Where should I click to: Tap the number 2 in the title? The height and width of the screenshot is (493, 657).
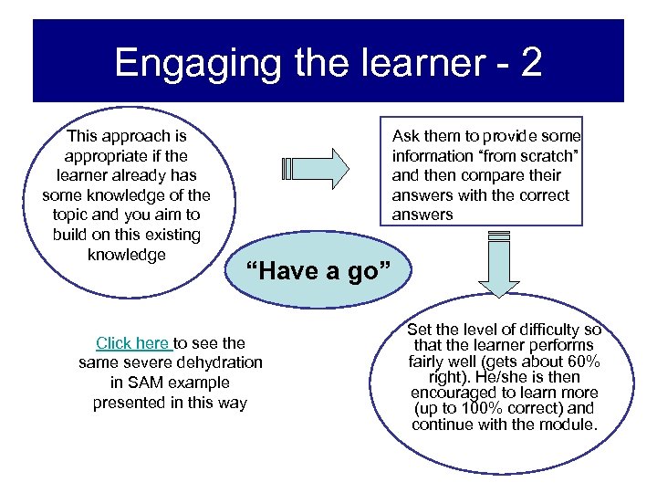530,63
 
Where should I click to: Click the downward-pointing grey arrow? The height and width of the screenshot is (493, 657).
499,265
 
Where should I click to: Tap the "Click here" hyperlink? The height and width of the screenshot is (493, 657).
133,343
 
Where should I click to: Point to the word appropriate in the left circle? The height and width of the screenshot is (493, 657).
105,155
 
